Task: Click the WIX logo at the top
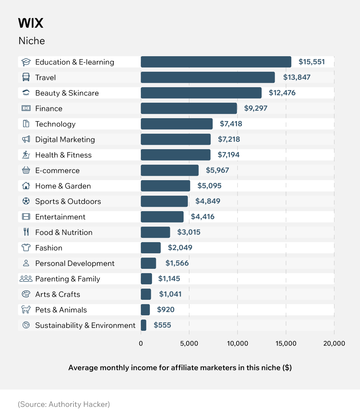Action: pos(31,23)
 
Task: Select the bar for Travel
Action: pos(208,77)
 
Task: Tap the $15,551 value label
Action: pos(311,62)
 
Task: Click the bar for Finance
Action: pos(189,108)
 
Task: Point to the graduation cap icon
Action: pos(26,62)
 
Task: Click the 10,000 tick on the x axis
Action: pos(238,343)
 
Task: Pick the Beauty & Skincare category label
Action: pos(67,93)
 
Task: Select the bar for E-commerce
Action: pos(170,170)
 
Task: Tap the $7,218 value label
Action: pos(229,139)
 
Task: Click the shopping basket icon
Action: pos(26,170)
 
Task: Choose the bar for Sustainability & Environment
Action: pos(144,325)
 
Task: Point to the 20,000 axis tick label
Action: pos(334,343)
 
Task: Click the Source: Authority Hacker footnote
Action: pos(64,404)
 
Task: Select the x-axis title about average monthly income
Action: pos(180,368)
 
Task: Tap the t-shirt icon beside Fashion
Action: pos(26,248)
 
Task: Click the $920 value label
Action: pos(166,310)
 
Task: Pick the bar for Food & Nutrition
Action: pos(156,232)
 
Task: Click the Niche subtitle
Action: pos(32,41)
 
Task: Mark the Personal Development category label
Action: pos(75,263)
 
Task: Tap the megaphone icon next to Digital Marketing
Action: pos(26,139)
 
